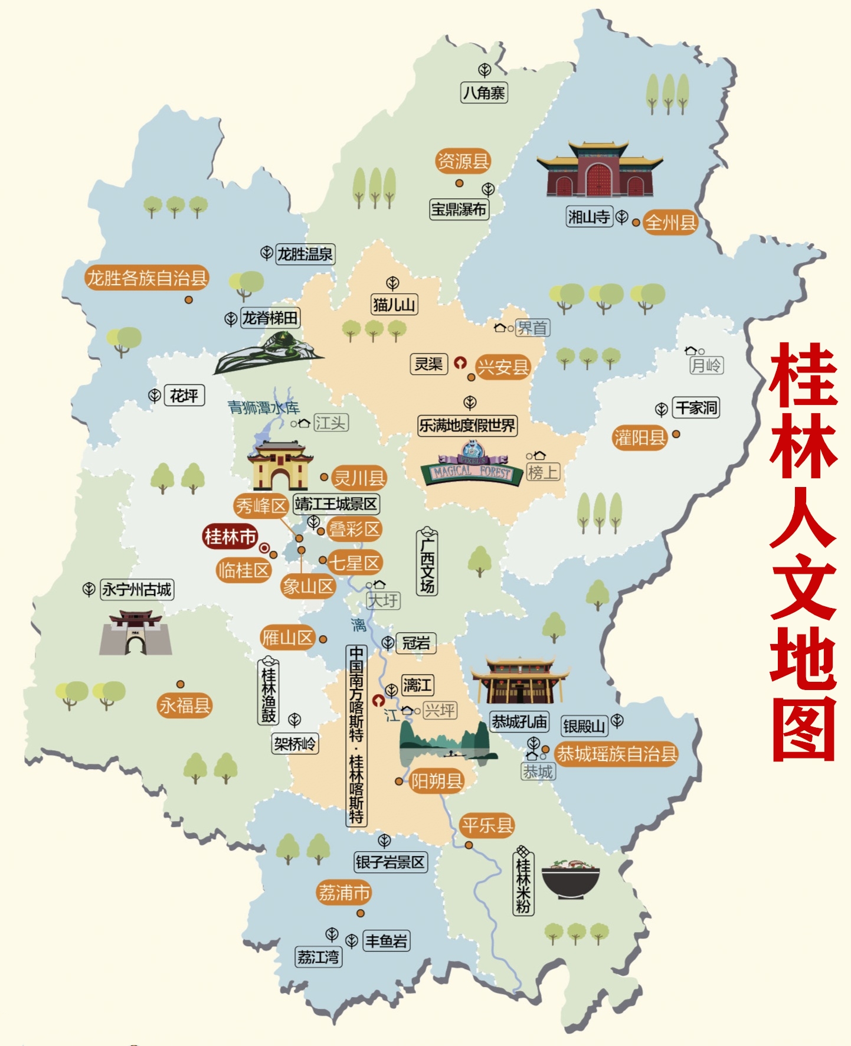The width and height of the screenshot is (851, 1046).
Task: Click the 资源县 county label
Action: [463, 161]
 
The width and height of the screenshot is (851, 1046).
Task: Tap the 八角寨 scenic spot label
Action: [484, 93]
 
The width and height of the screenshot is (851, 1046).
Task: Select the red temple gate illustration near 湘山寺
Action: [599, 169]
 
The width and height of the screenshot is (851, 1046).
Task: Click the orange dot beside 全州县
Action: [636, 223]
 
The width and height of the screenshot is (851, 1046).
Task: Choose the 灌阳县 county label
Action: [640, 437]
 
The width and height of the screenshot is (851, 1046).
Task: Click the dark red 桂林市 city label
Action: [230, 537]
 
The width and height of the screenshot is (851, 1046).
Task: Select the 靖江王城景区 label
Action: [336, 504]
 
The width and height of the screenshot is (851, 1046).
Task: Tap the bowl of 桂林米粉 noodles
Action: [570, 879]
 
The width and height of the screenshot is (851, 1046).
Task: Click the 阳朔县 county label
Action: [437, 781]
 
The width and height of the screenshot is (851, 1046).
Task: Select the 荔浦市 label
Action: [344, 893]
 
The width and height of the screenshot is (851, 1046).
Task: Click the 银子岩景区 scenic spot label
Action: [390, 862]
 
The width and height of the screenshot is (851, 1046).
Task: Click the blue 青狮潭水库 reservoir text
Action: [264, 407]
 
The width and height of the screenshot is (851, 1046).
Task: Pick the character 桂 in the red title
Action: [804, 376]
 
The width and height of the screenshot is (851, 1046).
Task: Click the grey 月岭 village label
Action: [706, 365]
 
